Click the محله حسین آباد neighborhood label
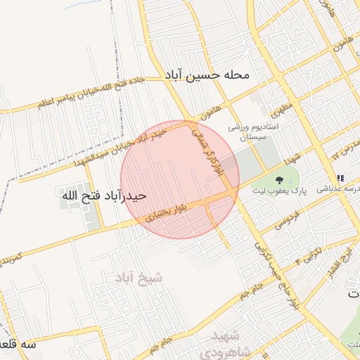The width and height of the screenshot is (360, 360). click(x=217, y=75)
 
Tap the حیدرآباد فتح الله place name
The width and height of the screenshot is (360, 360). click(x=104, y=195)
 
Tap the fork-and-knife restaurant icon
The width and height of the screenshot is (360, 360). click(x=341, y=178)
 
